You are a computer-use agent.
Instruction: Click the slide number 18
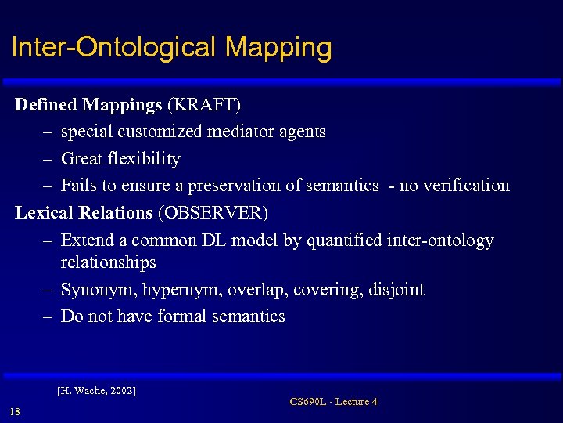point(15,412)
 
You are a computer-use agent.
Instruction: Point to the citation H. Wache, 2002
point(97,389)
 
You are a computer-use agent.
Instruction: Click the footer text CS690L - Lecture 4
point(333,402)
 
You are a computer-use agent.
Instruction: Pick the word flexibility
point(144,159)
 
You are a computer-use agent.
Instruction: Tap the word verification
point(460,186)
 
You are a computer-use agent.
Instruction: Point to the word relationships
point(109,262)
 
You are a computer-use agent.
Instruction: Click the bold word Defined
point(46,105)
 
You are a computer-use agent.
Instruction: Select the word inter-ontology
point(440,240)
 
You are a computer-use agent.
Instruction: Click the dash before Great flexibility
point(47,159)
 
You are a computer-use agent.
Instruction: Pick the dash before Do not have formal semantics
point(47,316)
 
